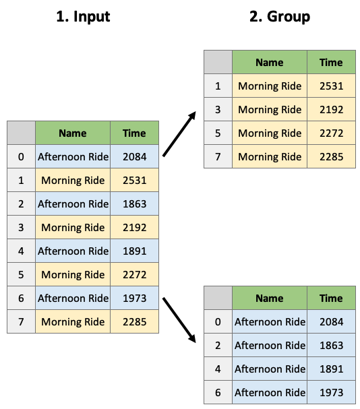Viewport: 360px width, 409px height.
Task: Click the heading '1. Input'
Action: [83, 17]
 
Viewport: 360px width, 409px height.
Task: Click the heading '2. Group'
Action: [280, 17]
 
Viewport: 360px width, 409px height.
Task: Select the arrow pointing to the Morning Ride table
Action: [179, 134]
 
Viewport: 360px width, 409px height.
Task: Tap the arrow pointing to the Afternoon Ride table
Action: [179, 320]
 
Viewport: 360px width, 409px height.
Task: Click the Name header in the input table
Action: [73, 133]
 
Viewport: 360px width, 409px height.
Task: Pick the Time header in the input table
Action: [134, 133]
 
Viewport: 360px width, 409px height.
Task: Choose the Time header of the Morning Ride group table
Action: [331, 63]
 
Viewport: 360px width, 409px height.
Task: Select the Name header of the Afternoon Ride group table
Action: [270, 298]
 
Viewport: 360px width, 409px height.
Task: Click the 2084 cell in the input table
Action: [134, 157]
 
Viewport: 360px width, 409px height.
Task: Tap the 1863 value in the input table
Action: [134, 203]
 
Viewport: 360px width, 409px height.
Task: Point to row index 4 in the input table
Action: [21, 251]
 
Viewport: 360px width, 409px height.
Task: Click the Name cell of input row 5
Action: [73, 275]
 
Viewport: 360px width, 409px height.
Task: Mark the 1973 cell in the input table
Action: [134, 298]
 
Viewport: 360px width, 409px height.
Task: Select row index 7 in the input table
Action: [21, 321]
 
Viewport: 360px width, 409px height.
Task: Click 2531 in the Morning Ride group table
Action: [331, 86]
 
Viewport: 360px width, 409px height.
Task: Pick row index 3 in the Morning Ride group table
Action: [218, 110]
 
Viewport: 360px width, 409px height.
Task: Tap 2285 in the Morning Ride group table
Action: [331, 157]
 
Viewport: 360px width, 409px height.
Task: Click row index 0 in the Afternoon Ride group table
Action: [218, 321]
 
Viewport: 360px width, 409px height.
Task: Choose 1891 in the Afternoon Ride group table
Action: [331, 369]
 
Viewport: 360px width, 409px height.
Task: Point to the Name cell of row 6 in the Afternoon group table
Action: [270, 392]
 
